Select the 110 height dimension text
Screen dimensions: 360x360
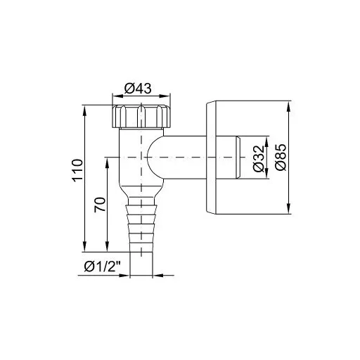pos(78,171)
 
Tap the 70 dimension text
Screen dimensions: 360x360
pos(100,205)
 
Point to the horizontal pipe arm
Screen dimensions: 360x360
pos(186,157)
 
